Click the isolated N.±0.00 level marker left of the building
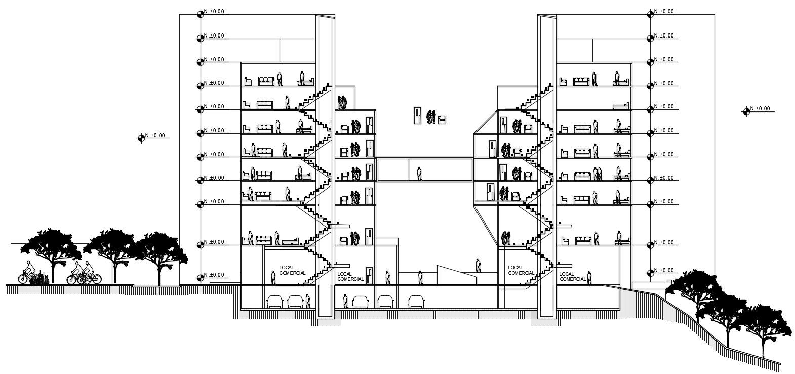tap(142, 137)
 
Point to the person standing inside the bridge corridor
tap(419, 174)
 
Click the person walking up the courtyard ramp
tap(478, 266)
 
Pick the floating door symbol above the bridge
tap(417, 116)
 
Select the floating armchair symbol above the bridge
tap(442, 119)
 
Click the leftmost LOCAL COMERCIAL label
tap(292, 270)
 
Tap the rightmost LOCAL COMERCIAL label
tap(573, 276)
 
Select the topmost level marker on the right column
tap(651, 12)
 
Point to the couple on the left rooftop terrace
tap(343, 102)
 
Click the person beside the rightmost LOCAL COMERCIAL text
tap(589, 278)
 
